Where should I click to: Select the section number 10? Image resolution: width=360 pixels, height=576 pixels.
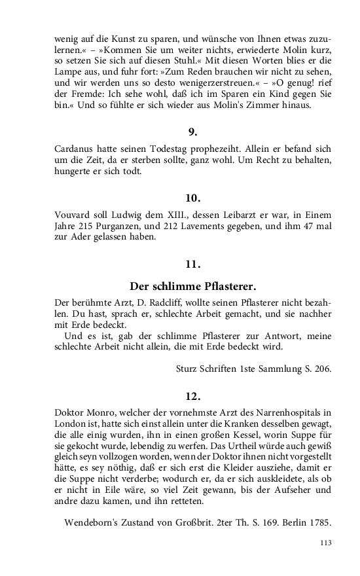(192, 198)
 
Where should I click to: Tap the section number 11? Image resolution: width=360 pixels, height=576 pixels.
(192, 264)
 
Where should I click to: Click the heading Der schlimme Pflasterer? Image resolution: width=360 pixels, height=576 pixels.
(192, 287)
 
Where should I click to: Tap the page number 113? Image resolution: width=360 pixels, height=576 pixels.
(326, 542)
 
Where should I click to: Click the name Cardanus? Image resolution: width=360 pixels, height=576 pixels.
(76, 149)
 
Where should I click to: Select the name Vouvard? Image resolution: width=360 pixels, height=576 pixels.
(74, 215)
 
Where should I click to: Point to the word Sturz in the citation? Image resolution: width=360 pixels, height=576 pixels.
(189, 369)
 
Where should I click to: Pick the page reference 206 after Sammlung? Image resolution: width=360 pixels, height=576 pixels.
(322, 369)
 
